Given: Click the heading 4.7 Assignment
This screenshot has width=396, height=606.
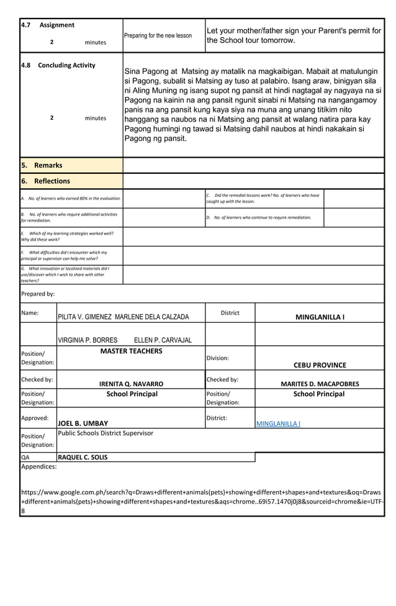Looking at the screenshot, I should [x=48, y=25].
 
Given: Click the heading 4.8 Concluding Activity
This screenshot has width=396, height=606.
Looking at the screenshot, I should [x=58, y=65].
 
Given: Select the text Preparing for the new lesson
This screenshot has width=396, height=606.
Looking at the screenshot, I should [x=158, y=35].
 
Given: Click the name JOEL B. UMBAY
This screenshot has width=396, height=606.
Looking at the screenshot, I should [x=83, y=423].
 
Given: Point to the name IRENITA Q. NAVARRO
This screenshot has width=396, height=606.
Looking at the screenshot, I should [x=132, y=384].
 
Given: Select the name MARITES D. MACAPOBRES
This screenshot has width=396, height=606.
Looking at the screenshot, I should [x=320, y=384].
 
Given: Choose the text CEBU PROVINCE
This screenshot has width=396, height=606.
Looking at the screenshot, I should [x=320, y=365].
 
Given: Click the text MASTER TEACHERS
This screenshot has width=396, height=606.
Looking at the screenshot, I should [x=131, y=351].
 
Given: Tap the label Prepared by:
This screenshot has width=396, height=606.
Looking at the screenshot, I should [x=38, y=294].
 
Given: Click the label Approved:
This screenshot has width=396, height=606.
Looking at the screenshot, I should [x=35, y=418].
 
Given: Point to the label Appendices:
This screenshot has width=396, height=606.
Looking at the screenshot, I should [x=39, y=466].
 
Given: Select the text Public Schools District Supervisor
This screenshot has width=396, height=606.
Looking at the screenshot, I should [x=106, y=433].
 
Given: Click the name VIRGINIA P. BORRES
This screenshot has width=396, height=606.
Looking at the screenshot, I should [x=88, y=340].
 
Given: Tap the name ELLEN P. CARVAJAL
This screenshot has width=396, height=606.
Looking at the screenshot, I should [x=163, y=340].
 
